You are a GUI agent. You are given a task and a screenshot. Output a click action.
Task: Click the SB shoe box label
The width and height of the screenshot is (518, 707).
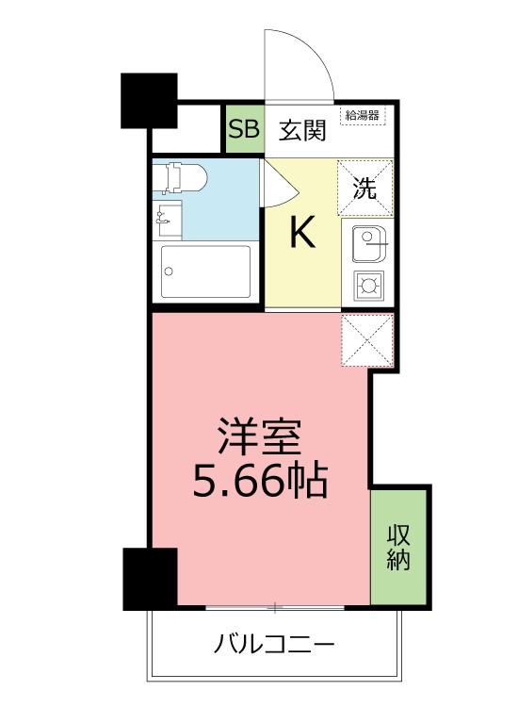(x=244, y=130)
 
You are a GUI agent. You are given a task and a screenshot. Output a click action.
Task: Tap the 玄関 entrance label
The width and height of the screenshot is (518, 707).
(x=302, y=130)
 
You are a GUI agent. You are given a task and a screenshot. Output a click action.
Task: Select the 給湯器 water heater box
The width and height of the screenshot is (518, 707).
(x=362, y=116)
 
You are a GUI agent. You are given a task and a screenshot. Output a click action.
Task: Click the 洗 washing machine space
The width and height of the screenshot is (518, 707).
(x=364, y=187)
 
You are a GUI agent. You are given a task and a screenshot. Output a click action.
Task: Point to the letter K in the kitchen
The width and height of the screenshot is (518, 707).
(x=301, y=233)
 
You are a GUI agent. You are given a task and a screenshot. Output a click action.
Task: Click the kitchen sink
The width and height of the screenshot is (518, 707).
(x=367, y=245)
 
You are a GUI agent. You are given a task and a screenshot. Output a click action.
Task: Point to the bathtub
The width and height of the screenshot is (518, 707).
(x=205, y=272)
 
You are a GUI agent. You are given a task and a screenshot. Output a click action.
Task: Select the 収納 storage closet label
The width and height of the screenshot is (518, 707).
(x=398, y=547)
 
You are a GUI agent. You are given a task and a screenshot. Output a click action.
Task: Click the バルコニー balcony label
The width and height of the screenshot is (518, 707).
(x=274, y=647)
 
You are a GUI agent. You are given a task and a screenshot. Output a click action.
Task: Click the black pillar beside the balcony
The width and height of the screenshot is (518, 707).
(x=150, y=579)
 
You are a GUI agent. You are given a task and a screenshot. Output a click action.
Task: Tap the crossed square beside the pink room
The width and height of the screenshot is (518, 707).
(x=366, y=340)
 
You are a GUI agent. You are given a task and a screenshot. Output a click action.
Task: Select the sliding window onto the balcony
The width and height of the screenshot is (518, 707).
(x=274, y=606)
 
